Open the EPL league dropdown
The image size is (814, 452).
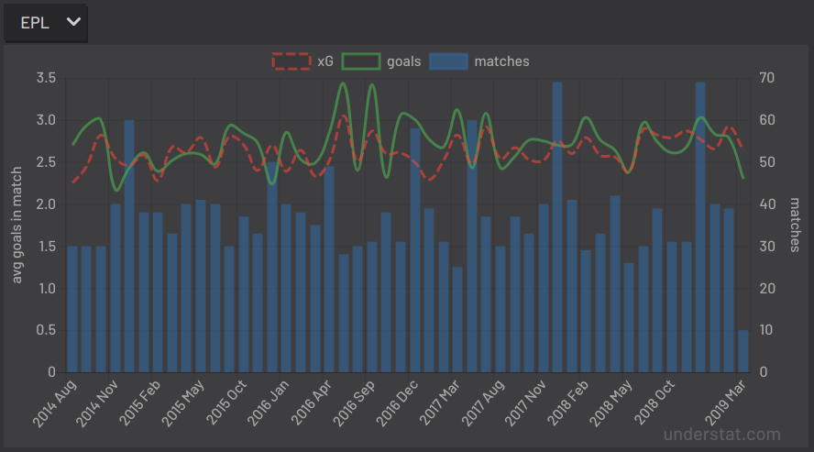[46, 23]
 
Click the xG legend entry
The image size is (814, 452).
[303, 61]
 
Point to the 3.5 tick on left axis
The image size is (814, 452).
[45, 78]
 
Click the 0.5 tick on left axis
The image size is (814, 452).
[45, 330]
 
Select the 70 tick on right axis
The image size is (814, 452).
[768, 78]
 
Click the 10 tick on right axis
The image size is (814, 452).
[768, 330]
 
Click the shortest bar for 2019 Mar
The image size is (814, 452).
[743, 351]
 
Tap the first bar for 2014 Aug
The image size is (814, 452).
[72, 309]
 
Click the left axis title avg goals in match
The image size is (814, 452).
[16, 225]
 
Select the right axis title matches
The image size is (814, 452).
[795, 226]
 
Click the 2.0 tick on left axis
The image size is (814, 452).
[45, 204]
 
